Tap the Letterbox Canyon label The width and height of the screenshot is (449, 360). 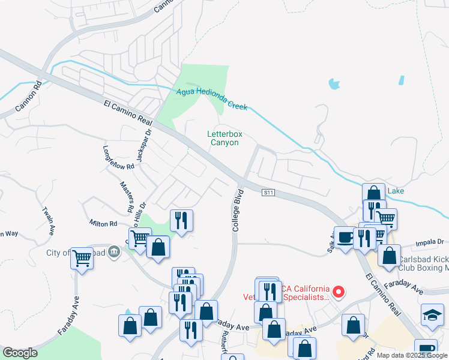click(x=223, y=138)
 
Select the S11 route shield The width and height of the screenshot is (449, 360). click(x=268, y=193)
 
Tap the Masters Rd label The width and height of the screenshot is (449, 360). click(x=126, y=197)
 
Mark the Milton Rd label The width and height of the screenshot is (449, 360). click(x=103, y=223)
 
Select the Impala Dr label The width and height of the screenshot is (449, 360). click(x=430, y=242)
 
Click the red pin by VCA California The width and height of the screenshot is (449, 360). click(x=339, y=292)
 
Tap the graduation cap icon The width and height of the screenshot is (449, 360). click(x=432, y=315)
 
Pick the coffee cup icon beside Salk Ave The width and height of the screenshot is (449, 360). click(x=345, y=237)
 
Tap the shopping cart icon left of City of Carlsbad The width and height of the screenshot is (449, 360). click(x=82, y=259)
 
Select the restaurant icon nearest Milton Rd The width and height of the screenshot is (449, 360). click(x=181, y=220)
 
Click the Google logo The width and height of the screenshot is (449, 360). click(x=20, y=353)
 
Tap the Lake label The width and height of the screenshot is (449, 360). click(x=396, y=191)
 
